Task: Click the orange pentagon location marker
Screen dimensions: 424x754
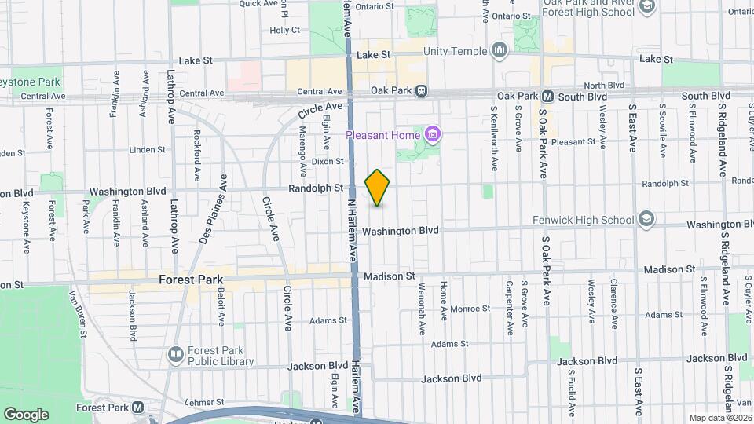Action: pos(378,188)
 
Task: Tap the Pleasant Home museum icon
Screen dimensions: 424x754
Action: pos(431,135)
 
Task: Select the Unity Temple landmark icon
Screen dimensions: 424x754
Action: pos(500,52)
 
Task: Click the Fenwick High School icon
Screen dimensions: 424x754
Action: pos(646,217)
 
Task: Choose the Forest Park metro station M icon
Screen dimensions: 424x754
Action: pos(138,408)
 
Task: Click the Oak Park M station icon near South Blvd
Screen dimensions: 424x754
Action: pos(548,96)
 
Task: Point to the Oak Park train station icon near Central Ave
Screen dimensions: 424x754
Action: pos(422,90)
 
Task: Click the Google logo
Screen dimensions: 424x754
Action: pos(26,415)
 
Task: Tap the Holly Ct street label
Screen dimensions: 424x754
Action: pos(285,31)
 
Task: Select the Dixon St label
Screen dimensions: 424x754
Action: pos(328,161)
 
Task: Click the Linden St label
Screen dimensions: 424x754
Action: pos(148,149)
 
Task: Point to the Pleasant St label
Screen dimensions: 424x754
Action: pos(574,142)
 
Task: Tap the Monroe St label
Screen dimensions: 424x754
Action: pos(470,309)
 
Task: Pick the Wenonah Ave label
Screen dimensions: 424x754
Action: pos(422,301)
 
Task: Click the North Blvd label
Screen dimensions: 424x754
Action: pos(604,85)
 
